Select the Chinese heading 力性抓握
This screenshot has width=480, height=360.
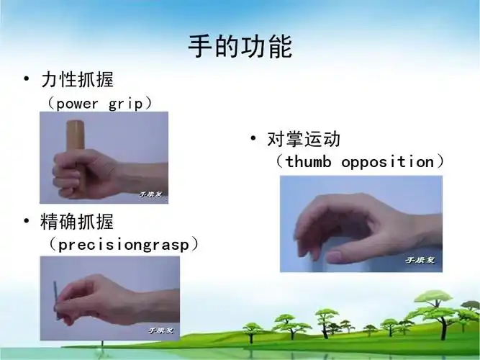coord(79,78)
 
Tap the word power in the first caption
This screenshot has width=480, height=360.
coord(78,103)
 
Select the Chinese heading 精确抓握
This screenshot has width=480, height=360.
coord(79,221)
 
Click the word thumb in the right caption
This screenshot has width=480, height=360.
coord(308,161)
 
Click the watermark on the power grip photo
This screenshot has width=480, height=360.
coord(151,194)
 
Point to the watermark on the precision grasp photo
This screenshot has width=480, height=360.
coord(161,330)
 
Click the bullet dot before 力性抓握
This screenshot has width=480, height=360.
coord(26,78)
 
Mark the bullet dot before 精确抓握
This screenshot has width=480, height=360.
coord(26,221)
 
